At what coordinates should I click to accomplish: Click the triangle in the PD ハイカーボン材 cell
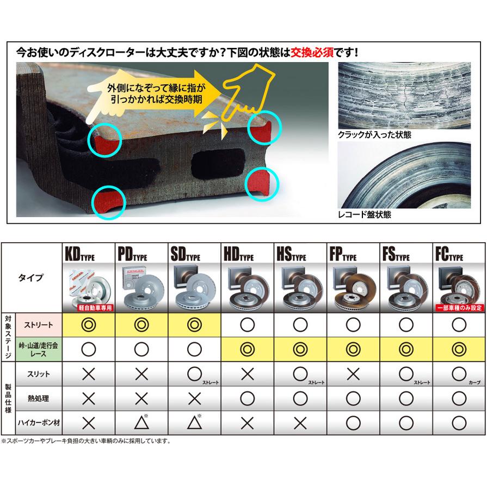tap(140, 423)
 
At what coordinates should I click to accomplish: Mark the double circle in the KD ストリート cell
tap(88, 325)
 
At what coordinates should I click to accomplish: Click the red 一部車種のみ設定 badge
tap(459, 308)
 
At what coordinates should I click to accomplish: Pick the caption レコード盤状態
tap(364, 215)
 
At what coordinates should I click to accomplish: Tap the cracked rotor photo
tap(404, 95)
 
